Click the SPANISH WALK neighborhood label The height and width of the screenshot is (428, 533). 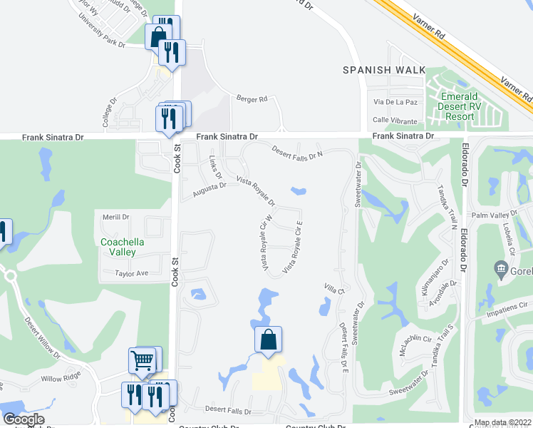pos(383,70)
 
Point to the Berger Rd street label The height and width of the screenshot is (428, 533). pos(252,99)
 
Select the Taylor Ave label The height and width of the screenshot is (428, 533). pos(133,273)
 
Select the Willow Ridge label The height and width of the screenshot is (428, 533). pos(61,379)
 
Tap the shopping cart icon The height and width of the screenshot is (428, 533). pos(143,361)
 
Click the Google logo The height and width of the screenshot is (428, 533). pos(24,419)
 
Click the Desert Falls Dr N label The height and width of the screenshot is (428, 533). pos(298,151)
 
